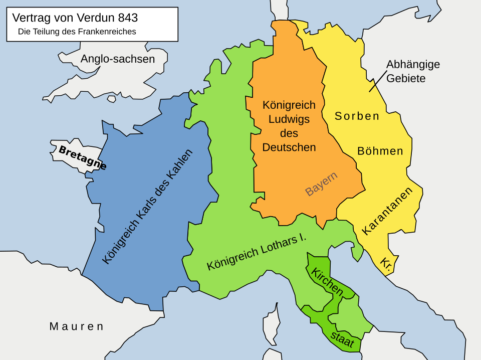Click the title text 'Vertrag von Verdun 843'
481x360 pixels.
pos(75,18)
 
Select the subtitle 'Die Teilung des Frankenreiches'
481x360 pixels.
pos(77,32)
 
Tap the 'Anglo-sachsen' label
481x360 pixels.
pos(118,59)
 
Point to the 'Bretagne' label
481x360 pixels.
pos(82,157)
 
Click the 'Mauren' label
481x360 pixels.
pos(77,326)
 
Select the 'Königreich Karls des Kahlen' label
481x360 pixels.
pos(147,207)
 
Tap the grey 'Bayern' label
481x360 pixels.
pos(321,184)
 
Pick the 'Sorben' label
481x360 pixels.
pos(357,116)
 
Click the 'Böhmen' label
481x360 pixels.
pos(380,151)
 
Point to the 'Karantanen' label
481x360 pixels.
pos(387,211)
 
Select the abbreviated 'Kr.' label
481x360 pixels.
pos(386,263)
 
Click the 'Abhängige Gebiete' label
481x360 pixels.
pos(413,72)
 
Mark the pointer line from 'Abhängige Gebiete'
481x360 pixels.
pos(378,81)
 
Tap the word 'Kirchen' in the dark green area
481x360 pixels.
pos(327,282)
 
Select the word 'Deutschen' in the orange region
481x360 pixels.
pos(289,147)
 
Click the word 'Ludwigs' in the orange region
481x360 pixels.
pos(289,119)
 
